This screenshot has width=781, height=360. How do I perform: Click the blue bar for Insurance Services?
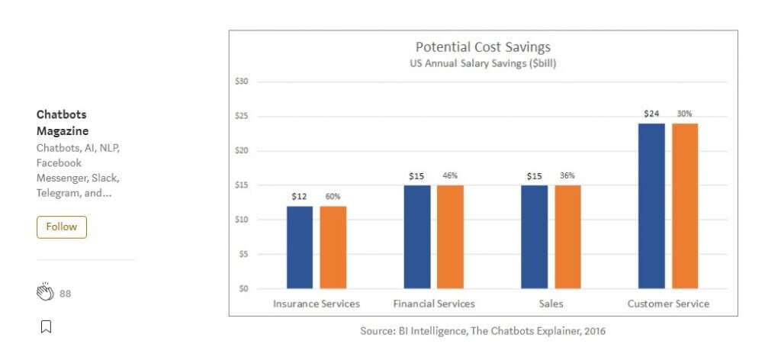click(300, 247)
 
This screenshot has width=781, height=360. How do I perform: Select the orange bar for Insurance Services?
click(333, 247)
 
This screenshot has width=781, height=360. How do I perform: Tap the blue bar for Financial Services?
click(417, 236)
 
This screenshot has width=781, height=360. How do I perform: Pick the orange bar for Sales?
click(567, 236)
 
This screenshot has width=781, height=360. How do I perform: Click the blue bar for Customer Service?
click(652, 206)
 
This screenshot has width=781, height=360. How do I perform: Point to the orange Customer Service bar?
click(685, 206)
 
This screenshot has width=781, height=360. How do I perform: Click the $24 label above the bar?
click(651, 114)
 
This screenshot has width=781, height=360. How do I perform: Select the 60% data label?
click(333, 197)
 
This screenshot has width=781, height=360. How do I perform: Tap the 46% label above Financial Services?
click(451, 176)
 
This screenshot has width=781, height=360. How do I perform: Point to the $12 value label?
click(299, 197)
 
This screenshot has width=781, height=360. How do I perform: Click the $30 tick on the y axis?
click(243, 81)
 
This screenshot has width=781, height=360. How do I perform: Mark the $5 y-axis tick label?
click(245, 254)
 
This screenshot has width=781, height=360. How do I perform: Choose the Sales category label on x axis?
click(551, 304)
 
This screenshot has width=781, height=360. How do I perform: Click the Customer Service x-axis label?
click(668, 304)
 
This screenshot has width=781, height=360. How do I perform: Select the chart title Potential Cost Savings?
click(483, 47)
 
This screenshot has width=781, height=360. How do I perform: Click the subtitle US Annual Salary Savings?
click(483, 63)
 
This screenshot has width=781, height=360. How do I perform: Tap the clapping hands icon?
click(46, 292)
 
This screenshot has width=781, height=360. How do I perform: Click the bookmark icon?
click(46, 326)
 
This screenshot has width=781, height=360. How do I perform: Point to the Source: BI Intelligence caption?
click(483, 331)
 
